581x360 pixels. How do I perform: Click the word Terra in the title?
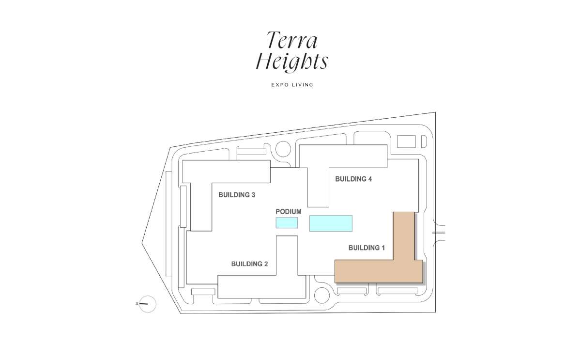292,40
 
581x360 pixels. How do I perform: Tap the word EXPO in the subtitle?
278,85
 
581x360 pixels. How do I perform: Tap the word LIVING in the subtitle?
302,85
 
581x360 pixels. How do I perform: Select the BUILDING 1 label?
367,248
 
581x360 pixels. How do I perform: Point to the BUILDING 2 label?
249,264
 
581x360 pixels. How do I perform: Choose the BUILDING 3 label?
237,195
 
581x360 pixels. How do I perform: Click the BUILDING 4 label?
353,179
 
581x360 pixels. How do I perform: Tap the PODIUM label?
289,212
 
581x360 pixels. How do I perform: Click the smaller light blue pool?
287,223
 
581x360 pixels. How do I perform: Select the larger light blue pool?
331,223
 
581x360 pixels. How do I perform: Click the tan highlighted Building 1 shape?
379,271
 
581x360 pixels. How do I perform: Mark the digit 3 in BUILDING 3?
253,195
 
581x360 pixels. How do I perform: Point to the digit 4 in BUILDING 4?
370,179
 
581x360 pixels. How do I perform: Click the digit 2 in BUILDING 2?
266,264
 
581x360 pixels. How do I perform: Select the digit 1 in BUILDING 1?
383,248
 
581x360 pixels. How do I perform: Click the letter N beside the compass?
137,303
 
